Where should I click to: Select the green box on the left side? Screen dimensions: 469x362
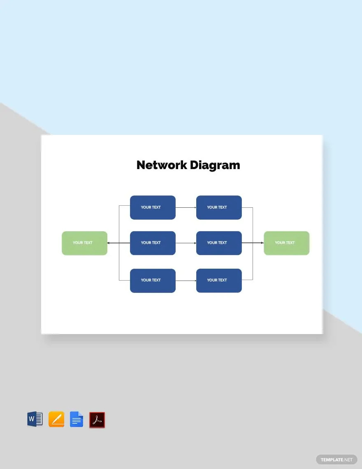(x=84, y=243)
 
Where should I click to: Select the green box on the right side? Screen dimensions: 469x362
(x=286, y=243)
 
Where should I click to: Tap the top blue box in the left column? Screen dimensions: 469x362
(x=153, y=207)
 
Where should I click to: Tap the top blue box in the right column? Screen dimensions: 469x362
(x=219, y=207)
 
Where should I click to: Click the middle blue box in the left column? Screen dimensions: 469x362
(x=153, y=243)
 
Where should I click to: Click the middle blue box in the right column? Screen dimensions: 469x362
(x=219, y=243)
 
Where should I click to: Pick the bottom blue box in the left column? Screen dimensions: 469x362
(x=153, y=280)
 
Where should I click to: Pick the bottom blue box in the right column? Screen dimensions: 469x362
(x=219, y=280)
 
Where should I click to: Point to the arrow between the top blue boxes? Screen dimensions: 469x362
(x=186, y=207)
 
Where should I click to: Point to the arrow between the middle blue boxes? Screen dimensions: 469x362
(x=186, y=243)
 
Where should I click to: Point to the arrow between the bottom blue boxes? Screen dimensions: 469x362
(x=186, y=281)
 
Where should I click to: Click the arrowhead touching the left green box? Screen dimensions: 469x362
(x=109, y=243)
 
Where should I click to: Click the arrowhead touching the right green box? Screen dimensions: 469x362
(x=262, y=243)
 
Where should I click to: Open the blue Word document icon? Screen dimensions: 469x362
(x=35, y=419)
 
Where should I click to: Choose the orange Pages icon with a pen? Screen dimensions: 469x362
(x=56, y=419)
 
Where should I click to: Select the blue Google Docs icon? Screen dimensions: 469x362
(x=77, y=419)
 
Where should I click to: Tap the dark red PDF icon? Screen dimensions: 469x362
(x=97, y=420)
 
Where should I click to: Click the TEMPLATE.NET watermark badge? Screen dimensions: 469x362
(x=336, y=459)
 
